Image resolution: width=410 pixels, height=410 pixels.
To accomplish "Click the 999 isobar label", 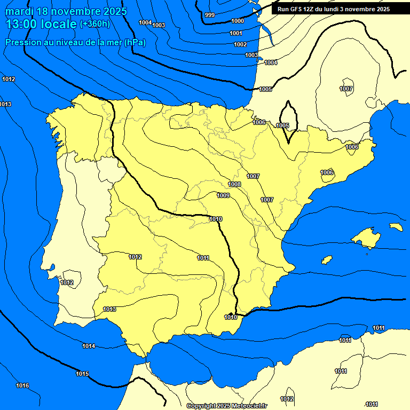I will (210, 15).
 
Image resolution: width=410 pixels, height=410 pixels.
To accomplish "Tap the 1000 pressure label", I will (238, 21).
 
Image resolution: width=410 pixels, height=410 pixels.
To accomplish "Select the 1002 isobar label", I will (240, 44).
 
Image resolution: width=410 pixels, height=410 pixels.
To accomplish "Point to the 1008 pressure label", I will (234, 184).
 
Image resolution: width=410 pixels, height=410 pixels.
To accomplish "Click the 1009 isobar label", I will (223, 195).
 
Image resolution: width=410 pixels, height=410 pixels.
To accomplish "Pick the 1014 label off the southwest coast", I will (89, 346).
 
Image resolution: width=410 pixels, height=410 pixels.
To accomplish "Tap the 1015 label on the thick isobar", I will (82, 374).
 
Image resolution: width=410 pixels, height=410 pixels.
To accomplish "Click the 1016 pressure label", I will (22, 385).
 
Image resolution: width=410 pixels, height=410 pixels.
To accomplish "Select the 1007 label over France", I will (346, 88).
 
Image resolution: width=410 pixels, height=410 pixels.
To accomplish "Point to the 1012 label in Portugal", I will (67, 282).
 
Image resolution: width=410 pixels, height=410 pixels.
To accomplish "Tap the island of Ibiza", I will (327, 259).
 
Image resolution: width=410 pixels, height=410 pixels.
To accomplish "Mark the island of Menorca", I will (396, 227).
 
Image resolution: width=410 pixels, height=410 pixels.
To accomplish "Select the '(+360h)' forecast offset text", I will (94, 24).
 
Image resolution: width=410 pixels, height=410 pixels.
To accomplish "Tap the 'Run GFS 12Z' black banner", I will (333, 9).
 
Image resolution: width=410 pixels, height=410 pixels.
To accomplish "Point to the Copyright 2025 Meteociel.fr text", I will (226, 406).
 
